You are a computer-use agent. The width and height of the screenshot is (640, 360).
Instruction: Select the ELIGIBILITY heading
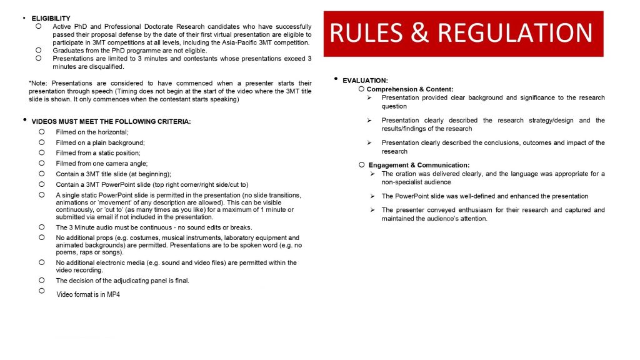click(x=51, y=19)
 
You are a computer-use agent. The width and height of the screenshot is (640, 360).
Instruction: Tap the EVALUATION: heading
click(x=365, y=81)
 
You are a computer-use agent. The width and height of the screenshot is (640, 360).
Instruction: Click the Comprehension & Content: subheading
click(x=410, y=89)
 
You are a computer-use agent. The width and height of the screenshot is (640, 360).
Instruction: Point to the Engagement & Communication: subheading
click(x=419, y=165)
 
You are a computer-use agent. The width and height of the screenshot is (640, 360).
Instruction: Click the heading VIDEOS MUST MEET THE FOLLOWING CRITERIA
click(x=111, y=121)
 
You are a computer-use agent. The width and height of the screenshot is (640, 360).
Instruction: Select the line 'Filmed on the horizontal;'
click(x=92, y=132)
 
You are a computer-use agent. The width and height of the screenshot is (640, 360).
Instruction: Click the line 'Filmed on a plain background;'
click(x=100, y=142)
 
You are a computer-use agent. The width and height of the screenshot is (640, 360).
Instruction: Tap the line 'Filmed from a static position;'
click(x=98, y=153)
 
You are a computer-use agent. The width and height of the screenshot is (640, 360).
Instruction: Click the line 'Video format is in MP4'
click(x=88, y=294)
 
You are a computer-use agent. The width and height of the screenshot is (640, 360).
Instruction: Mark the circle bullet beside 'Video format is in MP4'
click(x=42, y=291)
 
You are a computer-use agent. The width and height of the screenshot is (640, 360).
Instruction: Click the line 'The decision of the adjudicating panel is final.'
click(x=122, y=281)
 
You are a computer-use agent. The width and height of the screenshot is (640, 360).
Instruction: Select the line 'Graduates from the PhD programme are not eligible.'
click(x=129, y=51)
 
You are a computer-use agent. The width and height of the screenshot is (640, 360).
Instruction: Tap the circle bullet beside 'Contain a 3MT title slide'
click(x=42, y=174)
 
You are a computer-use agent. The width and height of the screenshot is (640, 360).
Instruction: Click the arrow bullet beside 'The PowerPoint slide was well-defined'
click(x=370, y=196)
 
